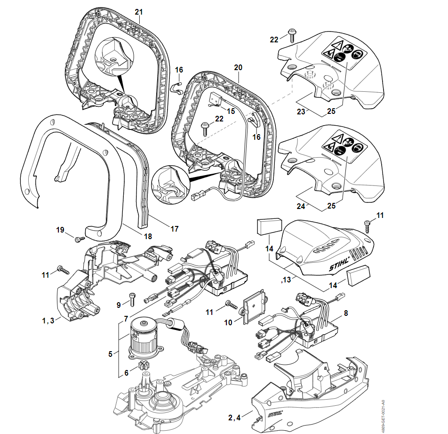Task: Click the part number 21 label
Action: click(x=138, y=11)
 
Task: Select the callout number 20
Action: click(x=238, y=67)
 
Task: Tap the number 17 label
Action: click(x=175, y=229)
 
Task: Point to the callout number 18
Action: click(x=148, y=236)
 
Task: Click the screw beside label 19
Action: click(x=78, y=239)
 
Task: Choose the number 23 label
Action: click(x=301, y=112)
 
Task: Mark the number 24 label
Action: click(x=301, y=206)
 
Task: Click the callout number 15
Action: click(x=231, y=111)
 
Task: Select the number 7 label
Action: click(x=126, y=319)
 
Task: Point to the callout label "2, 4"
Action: click(x=234, y=417)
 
